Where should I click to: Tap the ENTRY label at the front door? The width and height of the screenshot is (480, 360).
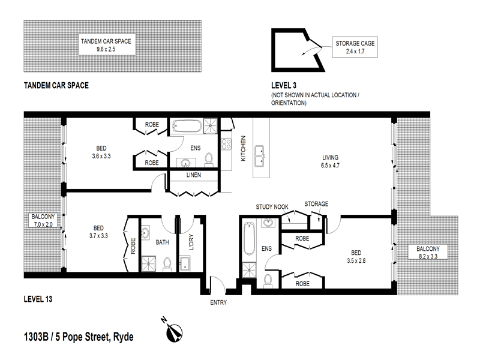tap(218, 302)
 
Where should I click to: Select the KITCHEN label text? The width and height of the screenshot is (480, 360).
tap(244, 149)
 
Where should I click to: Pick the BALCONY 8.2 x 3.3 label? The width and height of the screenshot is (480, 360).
tap(425, 253)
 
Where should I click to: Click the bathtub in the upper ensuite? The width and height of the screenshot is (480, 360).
tap(188, 127)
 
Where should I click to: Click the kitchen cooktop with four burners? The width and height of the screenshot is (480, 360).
tap(227, 144)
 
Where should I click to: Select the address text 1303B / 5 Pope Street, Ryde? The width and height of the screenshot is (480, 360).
tap(78, 336)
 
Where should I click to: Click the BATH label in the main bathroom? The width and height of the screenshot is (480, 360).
tap(162, 243)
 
